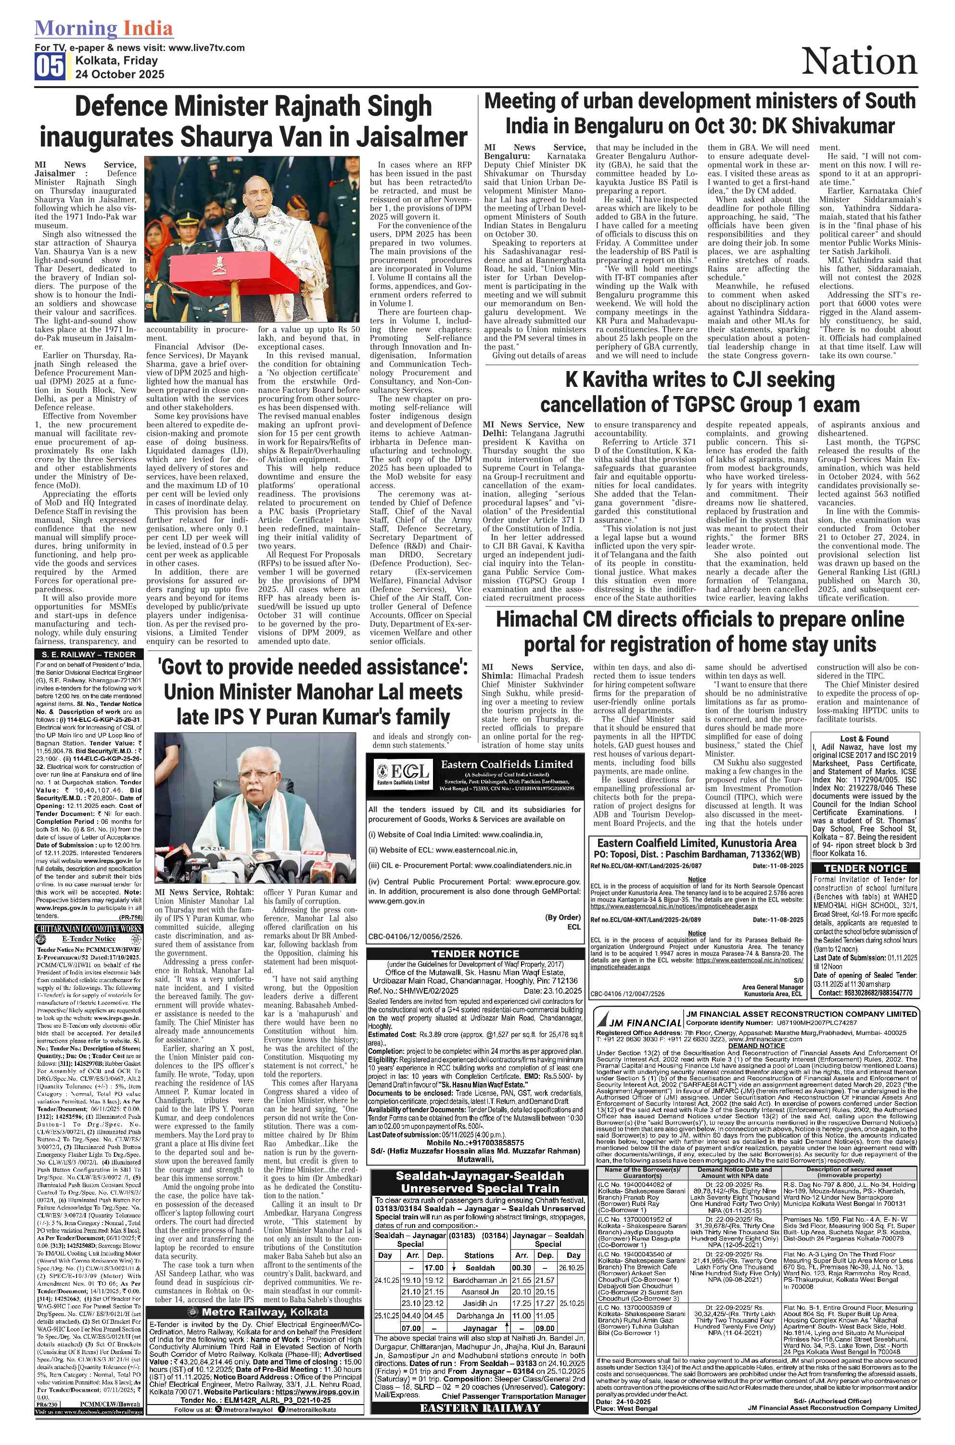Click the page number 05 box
pyautogui.click(x=50, y=66)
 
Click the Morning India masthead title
pyautogui.click(x=103, y=28)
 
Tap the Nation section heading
pyautogui.click(x=859, y=62)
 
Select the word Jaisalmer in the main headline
pyautogui.click(x=412, y=137)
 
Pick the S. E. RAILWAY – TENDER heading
pyautogui.click(x=89, y=654)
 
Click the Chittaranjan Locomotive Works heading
pyautogui.click(x=89, y=928)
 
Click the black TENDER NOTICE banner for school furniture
pyautogui.click(x=865, y=868)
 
